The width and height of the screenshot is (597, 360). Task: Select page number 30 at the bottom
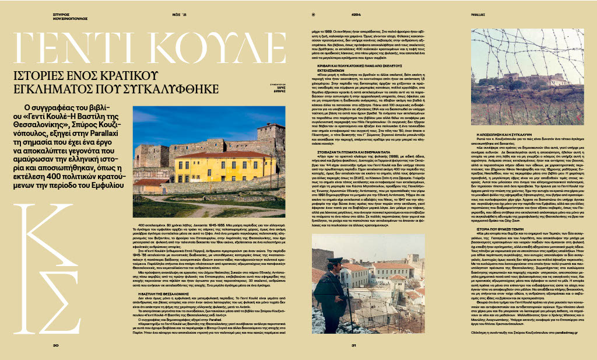click(x=56, y=346)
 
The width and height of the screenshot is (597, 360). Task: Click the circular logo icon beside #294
click(x=313, y=14)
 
